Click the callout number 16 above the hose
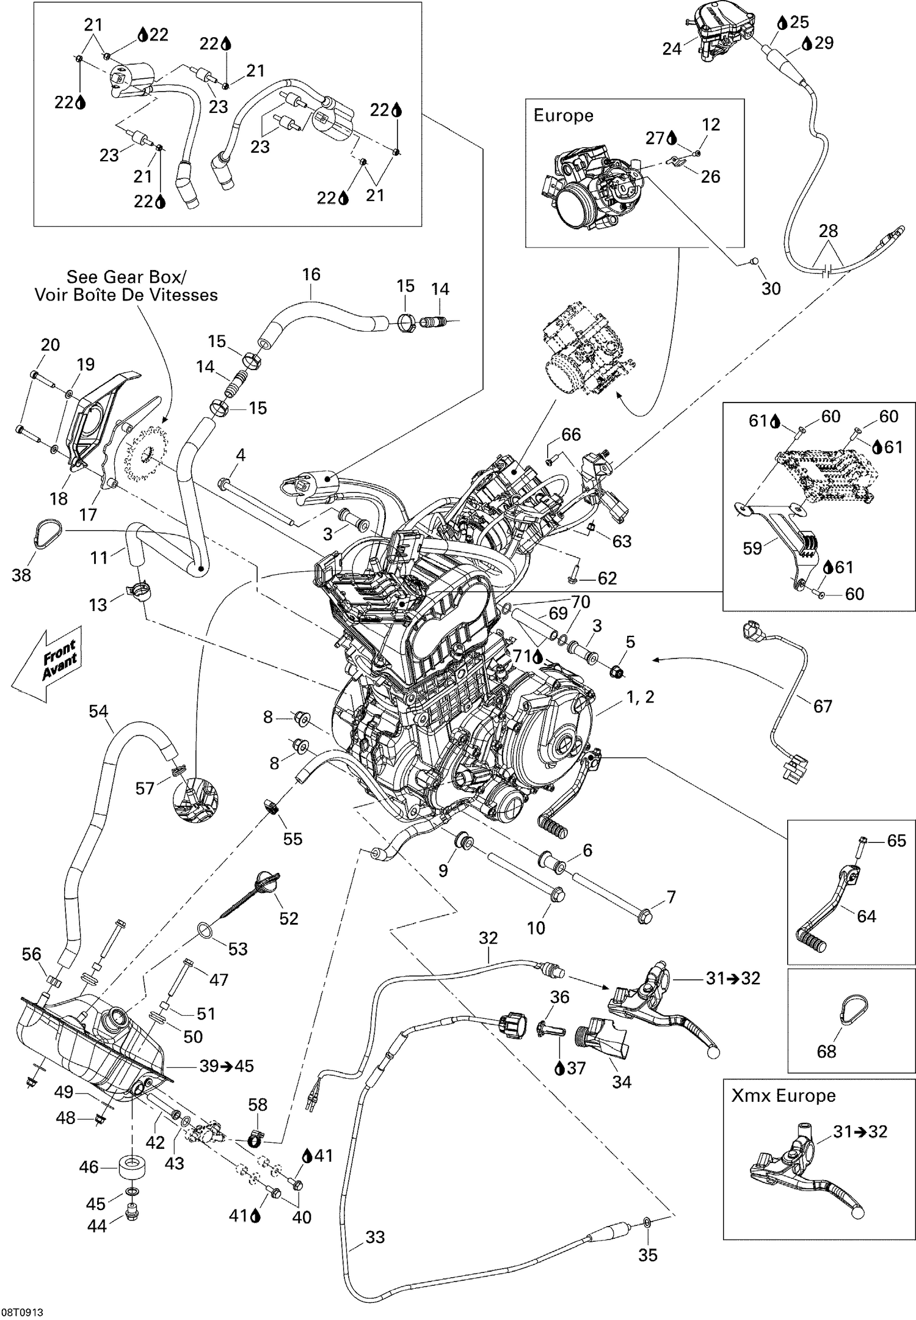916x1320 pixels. (311, 275)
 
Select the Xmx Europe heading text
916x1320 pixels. (783, 1095)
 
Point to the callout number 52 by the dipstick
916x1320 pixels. (288, 918)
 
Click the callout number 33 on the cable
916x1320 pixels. (375, 1237)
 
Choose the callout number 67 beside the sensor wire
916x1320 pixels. (823, 706)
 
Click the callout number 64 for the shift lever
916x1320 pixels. (866, 916)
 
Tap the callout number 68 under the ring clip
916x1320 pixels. (827, 1051)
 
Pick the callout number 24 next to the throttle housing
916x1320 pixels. (672, 48)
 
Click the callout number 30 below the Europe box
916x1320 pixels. (771, 288)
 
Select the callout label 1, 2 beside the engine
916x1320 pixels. (640, 696)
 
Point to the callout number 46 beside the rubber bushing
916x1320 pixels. (89, 1167)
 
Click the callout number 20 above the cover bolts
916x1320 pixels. (50, 345)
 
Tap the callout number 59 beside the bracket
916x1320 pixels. (752, 548)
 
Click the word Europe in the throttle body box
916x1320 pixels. (563, 115)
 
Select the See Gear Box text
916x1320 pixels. (125, 277)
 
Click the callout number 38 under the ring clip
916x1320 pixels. (21, 575)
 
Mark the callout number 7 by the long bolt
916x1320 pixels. (671, 897)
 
